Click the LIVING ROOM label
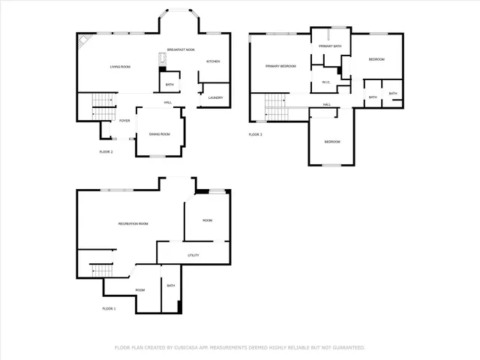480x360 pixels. [120, 67]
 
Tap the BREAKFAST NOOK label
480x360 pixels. [181, 49]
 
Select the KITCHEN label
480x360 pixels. [213, 61]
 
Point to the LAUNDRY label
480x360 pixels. [215, 97]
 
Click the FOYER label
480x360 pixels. [124, 120]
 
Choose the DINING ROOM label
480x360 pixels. [159, 134]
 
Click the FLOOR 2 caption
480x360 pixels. [106, 151]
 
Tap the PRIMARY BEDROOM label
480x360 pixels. [280, 66]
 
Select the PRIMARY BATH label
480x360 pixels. [330, 46]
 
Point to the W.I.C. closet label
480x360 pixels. [326, 82]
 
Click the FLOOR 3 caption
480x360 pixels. [256, 135]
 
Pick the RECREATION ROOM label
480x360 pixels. [133, 223]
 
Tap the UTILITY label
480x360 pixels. [193, 256]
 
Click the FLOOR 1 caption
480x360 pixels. [109, 308]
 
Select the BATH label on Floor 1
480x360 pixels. [171, 285]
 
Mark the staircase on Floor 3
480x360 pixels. [277, 107]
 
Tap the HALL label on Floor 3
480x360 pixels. [328, 104]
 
